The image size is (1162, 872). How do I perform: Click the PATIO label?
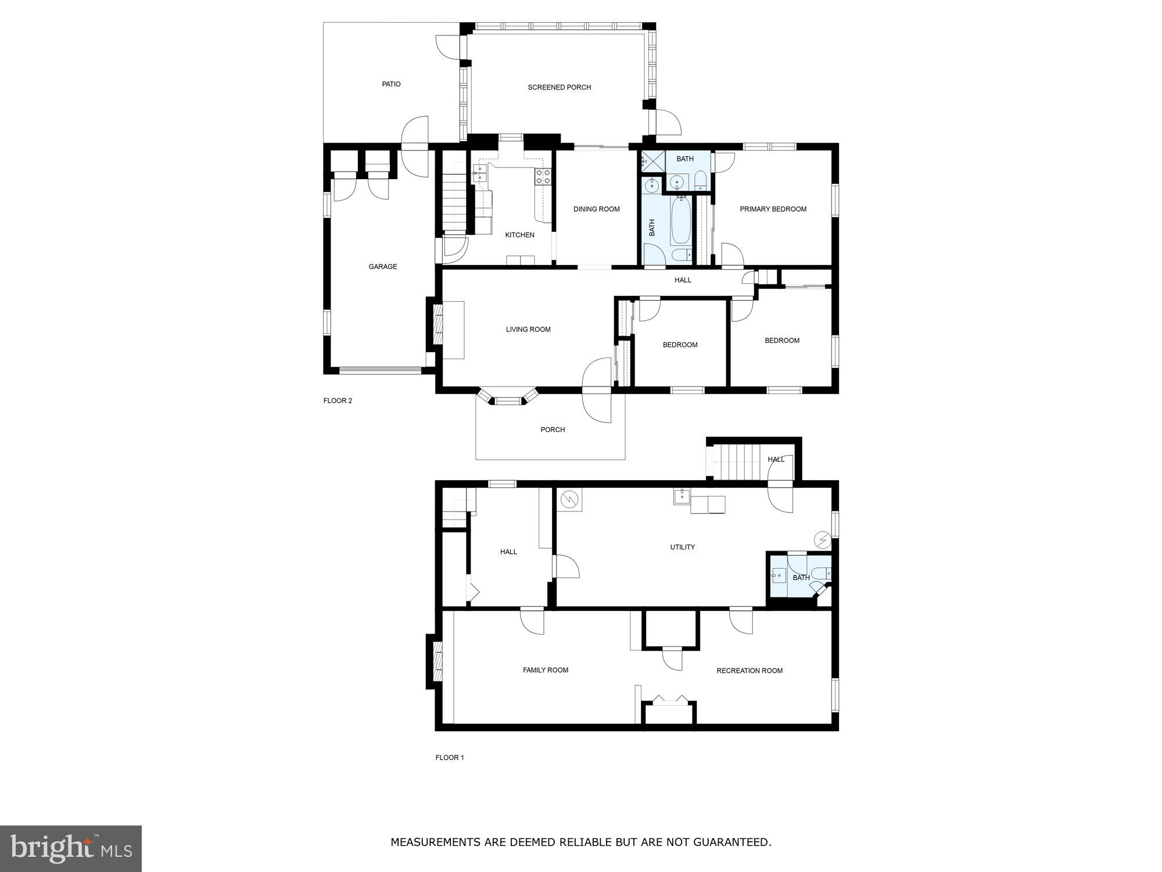click(391, 84)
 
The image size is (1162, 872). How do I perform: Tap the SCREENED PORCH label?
click(559, 87)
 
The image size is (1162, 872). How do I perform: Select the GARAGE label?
click(383, 267)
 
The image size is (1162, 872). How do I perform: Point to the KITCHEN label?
click(519, 235)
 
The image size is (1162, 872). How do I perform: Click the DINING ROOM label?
click(596, 209)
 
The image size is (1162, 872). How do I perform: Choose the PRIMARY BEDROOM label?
click(773, 209)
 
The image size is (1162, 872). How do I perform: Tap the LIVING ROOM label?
click(528, 330)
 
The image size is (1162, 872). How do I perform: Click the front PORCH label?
click(553, 430)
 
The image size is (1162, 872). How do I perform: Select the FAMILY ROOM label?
click(545, 670)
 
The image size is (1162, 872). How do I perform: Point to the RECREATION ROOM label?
click(749, 671)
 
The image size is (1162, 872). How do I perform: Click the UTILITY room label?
click(682, 547)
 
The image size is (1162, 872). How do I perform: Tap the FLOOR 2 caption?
click(338, 401)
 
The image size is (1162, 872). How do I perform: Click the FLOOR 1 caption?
click(450, 757)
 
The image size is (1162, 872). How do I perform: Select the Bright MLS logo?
click(71, 849)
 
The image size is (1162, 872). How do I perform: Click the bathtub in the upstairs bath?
click(680, 221)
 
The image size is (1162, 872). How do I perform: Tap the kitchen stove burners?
click(543, 177)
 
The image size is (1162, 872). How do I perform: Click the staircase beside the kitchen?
click(455, 198)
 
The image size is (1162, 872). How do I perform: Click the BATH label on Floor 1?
click(801, 578)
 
